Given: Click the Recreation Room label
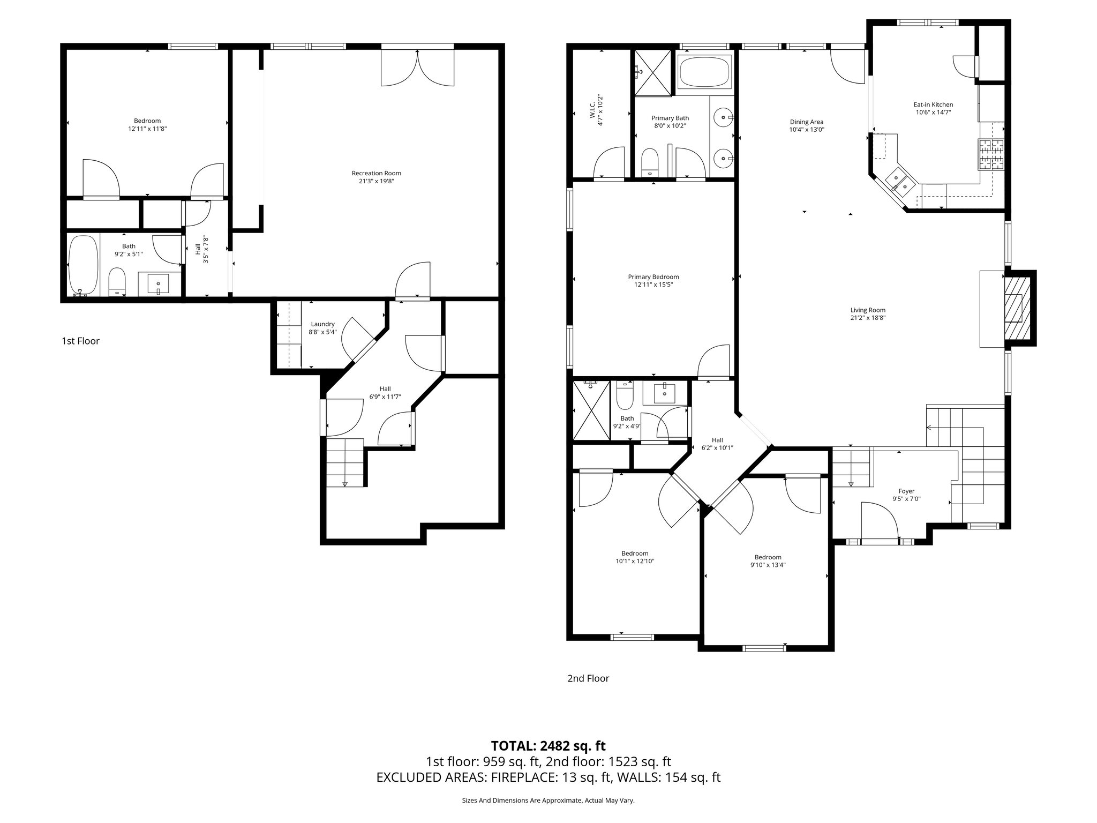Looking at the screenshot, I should coord(376,173).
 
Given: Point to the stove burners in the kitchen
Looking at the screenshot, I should coord(991,154).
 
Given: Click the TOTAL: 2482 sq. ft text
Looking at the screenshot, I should coord(548,745).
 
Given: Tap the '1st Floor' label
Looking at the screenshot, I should coord(80,341).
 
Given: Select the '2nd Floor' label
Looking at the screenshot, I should coord(588,678).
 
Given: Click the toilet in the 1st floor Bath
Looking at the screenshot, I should coord(117,282).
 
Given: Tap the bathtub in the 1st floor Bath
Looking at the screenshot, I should coord(83,265).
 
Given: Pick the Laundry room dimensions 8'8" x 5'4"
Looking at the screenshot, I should coord(322,332).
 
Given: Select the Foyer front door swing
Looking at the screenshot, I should coord(878,520).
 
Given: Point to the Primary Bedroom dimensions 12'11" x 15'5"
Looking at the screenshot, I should coord(653,285).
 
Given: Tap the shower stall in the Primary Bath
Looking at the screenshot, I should coord(652,72).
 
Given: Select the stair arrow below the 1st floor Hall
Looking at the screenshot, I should coord(344,483).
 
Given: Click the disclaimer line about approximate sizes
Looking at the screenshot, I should coord(548,800).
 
